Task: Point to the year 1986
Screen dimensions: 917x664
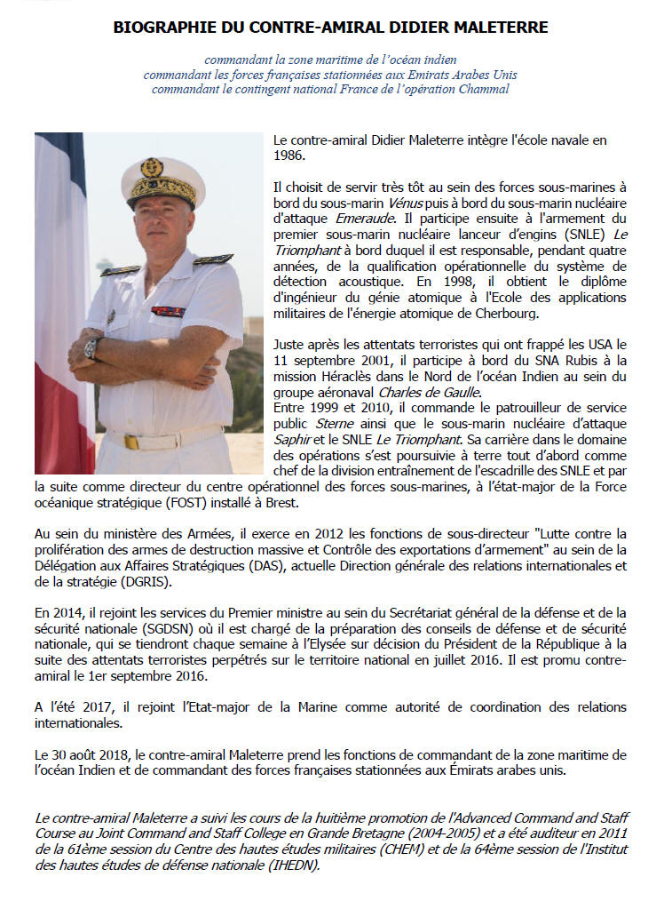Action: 289,155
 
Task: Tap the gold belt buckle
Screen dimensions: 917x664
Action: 130,441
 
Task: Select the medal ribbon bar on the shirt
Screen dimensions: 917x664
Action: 167,311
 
